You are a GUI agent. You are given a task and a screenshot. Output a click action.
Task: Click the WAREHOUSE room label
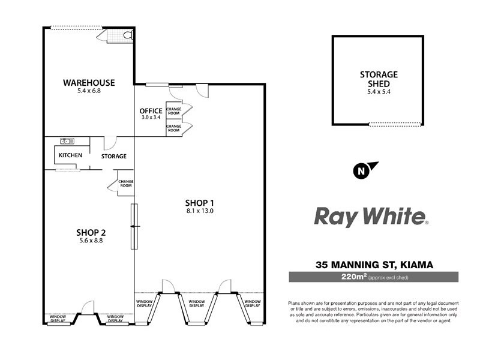coord(89,82)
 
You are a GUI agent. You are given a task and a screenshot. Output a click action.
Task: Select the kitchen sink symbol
coord(67,142)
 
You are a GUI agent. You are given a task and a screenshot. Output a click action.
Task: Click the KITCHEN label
coord(70,156)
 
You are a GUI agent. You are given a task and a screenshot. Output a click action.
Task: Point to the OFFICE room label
coord(151,111)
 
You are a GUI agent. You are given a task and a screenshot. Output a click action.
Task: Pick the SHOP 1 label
coord(200,202)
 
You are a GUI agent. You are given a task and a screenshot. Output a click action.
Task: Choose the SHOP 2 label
coord(91,233)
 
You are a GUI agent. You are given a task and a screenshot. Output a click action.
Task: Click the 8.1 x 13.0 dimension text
coord(200,211)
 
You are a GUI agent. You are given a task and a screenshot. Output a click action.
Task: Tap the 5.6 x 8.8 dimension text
coord(91,242)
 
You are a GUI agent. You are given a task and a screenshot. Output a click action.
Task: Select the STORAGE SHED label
coord(379,79)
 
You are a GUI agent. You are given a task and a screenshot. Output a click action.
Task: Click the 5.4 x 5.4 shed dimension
coord(379,92)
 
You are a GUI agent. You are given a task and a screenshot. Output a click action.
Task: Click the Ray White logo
coord(371,217)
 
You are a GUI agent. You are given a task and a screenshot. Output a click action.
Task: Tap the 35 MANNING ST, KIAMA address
coord(374,264)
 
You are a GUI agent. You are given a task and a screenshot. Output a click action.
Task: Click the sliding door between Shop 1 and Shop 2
coord(134,226)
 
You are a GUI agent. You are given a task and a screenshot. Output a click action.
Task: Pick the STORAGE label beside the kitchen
coord(113,156)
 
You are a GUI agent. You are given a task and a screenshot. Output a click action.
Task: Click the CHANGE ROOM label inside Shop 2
coord(125,184)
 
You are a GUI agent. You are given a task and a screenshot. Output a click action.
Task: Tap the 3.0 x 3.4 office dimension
coord(151,119)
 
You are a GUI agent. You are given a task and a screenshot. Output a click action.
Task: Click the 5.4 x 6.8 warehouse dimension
coord(89,91)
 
